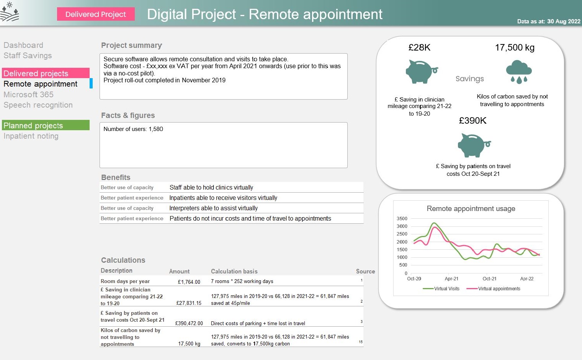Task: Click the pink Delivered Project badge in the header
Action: tap(96, 14)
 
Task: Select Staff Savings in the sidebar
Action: tap(28, 56)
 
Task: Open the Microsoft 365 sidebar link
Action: tap(28, 95)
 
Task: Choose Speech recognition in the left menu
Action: tap(38, 105)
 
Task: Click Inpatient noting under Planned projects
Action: tap(31, 136)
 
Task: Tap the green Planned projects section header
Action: tap(46, 125)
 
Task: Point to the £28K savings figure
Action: tap(419, 47)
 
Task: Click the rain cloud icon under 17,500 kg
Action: tap(518, 72)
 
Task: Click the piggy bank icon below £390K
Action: tap(474, 145)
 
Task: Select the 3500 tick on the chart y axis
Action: tap(402, 219)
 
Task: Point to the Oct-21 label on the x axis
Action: tap(489, 279)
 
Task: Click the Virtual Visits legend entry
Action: tap(441, 289)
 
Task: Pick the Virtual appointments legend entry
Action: tap(494, 289)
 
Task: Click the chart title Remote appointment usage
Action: tap(471, 209)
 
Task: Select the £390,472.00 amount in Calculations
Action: tap(189, 323)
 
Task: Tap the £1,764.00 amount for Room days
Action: tap(189, 282)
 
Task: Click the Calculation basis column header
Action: tap(234, 271)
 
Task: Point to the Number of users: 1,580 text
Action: tap(133, 129)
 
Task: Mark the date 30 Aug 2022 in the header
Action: tap(564, 21)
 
